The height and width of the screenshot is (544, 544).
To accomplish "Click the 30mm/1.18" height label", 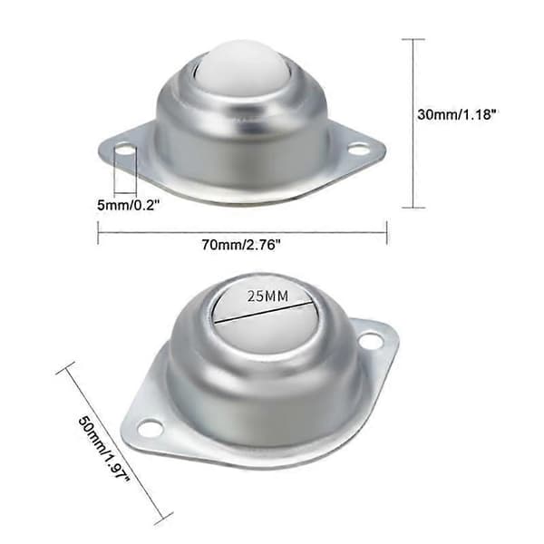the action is [x=457, y=114].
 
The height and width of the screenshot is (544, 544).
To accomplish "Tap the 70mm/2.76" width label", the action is [x=241, y=246].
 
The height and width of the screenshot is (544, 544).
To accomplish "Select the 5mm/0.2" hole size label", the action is [x=128, y=205].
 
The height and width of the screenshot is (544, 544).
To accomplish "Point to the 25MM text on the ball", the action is [x=267, y=296].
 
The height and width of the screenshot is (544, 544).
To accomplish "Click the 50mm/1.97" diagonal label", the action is [x=103, y=449].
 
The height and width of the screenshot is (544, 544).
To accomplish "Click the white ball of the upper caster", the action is [x=242, y=68].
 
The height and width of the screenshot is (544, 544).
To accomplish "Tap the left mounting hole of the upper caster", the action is [x=124, y=151].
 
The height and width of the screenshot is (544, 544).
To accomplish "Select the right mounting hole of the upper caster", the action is [x=358, y=150].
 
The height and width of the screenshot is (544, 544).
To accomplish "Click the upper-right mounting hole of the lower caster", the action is [x=371, y=340].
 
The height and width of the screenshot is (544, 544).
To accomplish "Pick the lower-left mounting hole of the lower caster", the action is [x=151, y=428].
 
